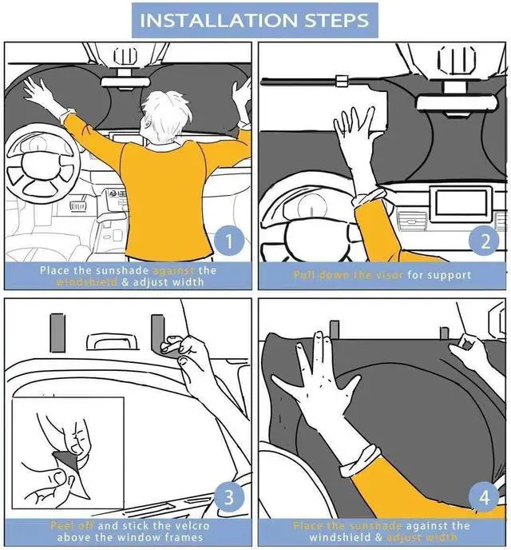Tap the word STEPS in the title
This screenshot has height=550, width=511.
pyautogui.click(x=334, y=20)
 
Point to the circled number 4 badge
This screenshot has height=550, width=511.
pyautogui.click(x=482, y=497)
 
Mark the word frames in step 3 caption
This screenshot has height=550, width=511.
pyautogui.click(x=183, y=537)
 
